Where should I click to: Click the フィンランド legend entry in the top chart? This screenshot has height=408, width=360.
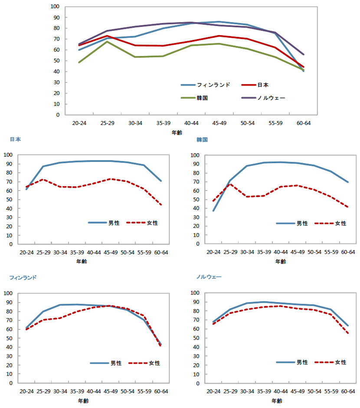[205, 85]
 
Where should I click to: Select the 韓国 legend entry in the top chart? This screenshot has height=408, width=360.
[194, 98]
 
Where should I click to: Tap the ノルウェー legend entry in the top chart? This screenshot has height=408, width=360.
[263, 98]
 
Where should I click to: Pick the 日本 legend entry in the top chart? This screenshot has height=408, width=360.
[255, 85]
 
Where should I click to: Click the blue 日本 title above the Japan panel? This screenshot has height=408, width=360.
[15, 139]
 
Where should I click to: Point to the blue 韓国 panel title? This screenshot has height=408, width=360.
[202, 140]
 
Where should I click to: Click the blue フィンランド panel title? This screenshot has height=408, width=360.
[23, 278]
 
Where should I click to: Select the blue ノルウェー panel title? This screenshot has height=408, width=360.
[209, 277]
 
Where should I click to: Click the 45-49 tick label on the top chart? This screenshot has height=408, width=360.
[219, 123]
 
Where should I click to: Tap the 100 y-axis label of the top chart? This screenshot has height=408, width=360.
[55, 7]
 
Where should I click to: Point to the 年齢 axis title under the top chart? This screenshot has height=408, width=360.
[177, 132]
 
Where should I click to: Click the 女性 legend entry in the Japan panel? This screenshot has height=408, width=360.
[142, 223]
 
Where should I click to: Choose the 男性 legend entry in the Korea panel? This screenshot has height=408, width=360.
[292, 223]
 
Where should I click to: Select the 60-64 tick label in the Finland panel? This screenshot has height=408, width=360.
[161, 392]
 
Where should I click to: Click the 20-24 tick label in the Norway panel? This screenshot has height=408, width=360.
[213, 392]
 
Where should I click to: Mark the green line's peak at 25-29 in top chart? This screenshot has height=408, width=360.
[107, 42]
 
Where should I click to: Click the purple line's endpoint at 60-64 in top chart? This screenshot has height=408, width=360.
[303, 54]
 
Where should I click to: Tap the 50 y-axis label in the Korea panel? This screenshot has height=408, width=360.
[196, 200]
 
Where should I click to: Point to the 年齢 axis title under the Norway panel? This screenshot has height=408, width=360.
[277, 401]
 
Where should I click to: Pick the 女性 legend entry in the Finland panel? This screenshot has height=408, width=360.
[144, 363]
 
